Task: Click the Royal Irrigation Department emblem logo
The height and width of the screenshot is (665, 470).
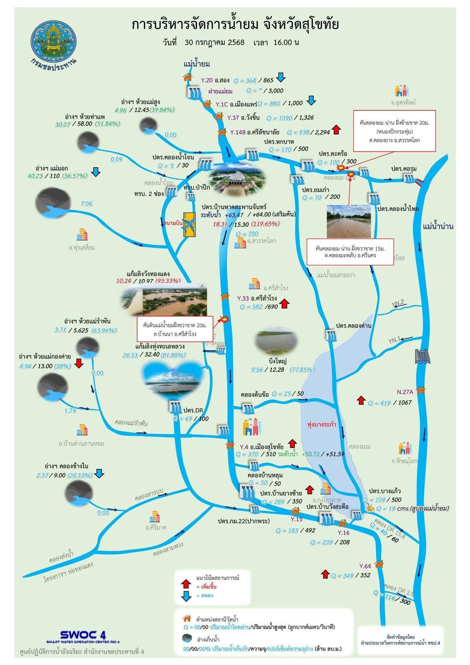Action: (x=53, y=42)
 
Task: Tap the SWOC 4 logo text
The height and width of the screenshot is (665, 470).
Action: (x=83, y=635)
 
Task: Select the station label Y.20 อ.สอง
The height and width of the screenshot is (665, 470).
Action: (x=215, y=80)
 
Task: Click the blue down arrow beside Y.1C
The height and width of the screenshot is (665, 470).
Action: (x=311, y=100)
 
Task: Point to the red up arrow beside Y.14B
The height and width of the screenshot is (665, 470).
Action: (x=336, y=130)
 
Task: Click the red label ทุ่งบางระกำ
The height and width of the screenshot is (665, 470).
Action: (x=321, y=424)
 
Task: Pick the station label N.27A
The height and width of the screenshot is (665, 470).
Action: (x=405, y=392)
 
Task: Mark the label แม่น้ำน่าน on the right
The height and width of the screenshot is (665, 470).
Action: (x=438, y=226)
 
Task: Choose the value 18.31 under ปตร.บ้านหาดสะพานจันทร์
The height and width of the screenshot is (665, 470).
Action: (x=220, y=224)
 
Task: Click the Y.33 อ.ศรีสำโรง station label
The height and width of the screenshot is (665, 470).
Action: (x=257, y=298)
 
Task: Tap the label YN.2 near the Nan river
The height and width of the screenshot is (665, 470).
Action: (x=397, y=303)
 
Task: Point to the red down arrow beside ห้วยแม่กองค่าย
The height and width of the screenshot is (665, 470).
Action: (x=79, y=363)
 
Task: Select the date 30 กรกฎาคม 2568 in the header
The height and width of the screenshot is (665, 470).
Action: (x=214, y=42)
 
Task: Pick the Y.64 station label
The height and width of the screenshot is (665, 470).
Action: (x=365, y=566)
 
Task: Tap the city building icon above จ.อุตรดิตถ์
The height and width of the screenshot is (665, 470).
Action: (x=401, y=91)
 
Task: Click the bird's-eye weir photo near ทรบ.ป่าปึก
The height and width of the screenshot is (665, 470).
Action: (x=237, y=181)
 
